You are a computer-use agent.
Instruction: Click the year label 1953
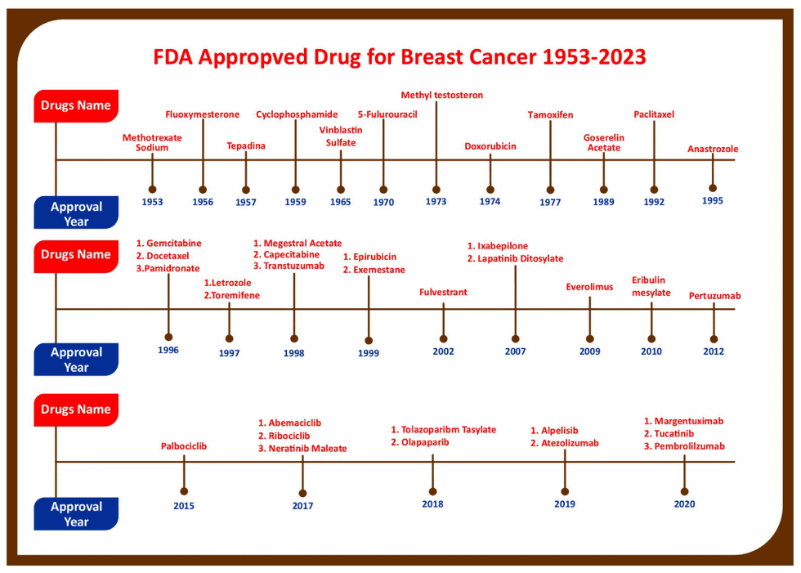tap(152, 202)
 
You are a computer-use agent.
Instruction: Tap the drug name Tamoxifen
tap(550, 115)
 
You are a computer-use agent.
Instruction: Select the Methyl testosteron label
tap(442, 95)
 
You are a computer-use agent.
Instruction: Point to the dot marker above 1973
tap(436, 190)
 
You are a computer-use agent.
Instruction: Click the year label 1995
tap(712, 201)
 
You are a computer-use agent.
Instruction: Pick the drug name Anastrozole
tap(713, 149)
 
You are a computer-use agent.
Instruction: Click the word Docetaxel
tap(168, 256)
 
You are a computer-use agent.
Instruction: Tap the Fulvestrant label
tap(443, 292)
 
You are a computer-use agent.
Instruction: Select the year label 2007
tap(516, 351)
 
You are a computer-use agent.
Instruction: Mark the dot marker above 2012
tap(714, 339)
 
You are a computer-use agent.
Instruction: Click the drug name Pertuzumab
tap(714, 296)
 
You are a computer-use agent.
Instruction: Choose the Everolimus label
tap(589, 287)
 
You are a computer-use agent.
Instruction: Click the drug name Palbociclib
tap(184, 446)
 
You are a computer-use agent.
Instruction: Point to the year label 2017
tap(302, 506)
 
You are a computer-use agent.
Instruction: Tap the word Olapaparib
tap(425, 442)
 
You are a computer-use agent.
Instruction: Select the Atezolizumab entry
tap(570, 443)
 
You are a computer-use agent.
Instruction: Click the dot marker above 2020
tap(685, 491)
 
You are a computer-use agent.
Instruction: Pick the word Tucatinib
tap(673, 433)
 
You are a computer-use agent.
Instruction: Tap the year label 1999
tap(369, 353)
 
